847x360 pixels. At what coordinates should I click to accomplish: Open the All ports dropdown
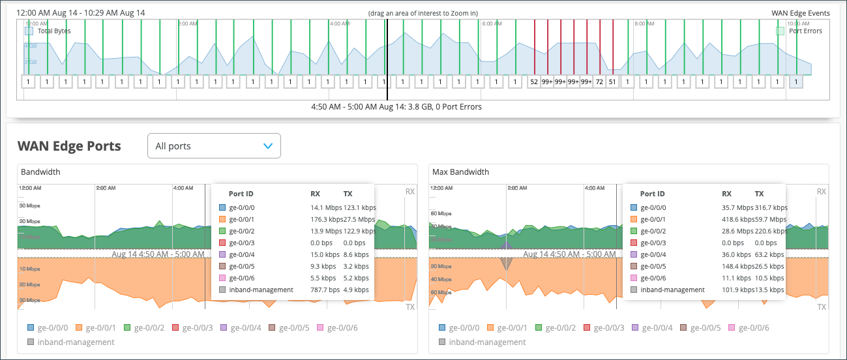tap(214, 146)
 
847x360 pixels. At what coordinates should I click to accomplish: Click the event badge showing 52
tap(534, 82)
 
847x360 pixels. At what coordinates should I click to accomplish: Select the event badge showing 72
tap(599, 82)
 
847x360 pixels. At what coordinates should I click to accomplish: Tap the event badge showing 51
tap(612, 82)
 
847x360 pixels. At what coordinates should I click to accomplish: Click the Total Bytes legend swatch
tap(29, 31)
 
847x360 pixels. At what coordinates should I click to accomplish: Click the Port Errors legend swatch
tap(780, 31)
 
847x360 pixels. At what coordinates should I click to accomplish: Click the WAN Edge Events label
tap(800, 13)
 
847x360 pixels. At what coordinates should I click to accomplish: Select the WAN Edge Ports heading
tap(69, 146)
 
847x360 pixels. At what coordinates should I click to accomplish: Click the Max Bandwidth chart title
tap(460, 172)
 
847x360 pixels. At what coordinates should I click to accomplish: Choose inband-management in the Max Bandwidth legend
tap(487, 342)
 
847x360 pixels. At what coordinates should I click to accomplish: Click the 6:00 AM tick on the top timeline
tap(491, 23)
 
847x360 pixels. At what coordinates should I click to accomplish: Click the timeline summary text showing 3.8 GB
tap(397, 106)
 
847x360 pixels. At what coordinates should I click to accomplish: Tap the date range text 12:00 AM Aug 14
tap(47, 13)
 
